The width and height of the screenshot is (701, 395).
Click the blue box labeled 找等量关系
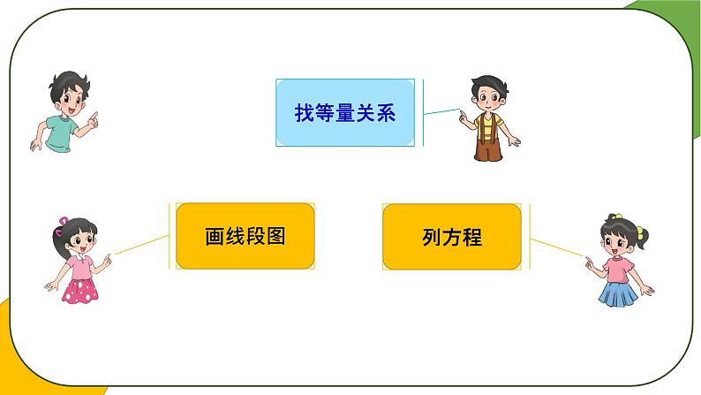[x=345, y=113]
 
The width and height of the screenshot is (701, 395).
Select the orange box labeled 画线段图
[x=245, y=236]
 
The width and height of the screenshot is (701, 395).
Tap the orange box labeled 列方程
[x=451, y=236]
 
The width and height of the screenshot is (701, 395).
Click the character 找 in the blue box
[x=305, y=114]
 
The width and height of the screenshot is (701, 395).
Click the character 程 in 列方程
[x=472, y=237]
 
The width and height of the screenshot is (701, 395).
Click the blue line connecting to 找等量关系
[x=441, y=112]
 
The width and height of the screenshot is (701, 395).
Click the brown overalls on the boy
[x=486, y=141]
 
